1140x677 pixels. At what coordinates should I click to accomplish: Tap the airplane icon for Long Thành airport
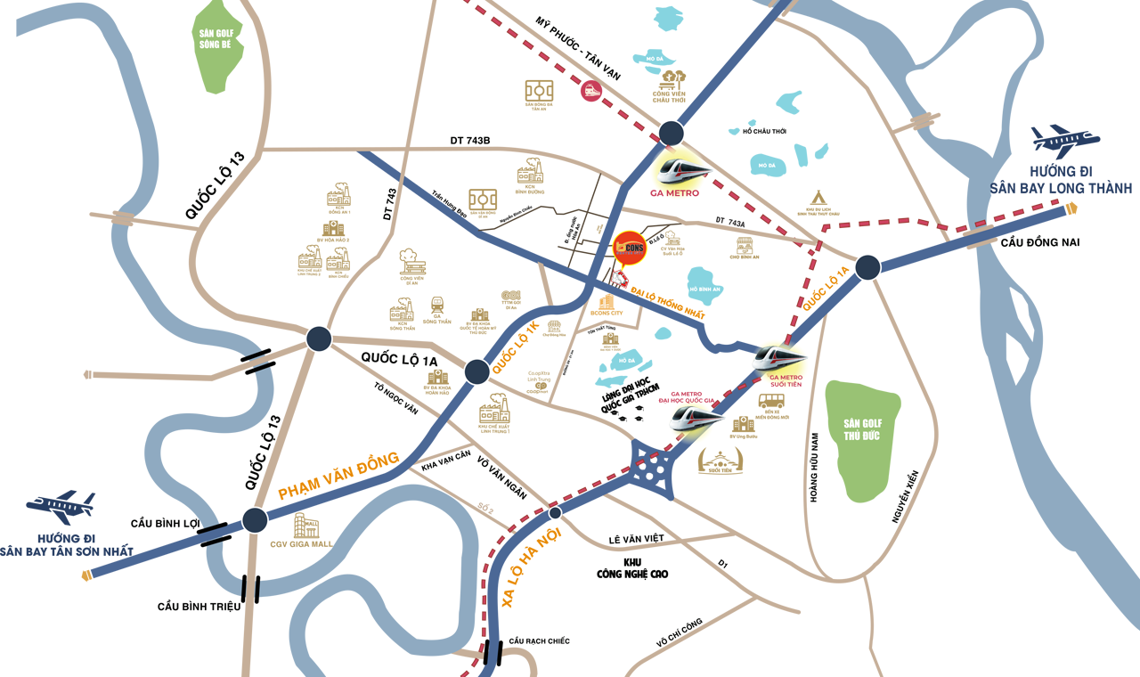[x=1065, y=142]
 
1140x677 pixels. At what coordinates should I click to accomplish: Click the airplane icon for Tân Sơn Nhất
[x=61, y=507]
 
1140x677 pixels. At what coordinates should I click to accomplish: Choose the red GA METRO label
[x=675, y=192]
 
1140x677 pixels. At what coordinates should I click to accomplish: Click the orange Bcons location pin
[x=631, y=248]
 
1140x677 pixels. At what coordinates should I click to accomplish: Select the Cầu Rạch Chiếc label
[x=539, y=641]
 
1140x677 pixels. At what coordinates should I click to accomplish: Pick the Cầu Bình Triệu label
[x=199, y=607]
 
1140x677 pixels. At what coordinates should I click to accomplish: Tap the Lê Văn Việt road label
[x=638, y=540]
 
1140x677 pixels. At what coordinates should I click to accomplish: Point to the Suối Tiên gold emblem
[x=721, y=460]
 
